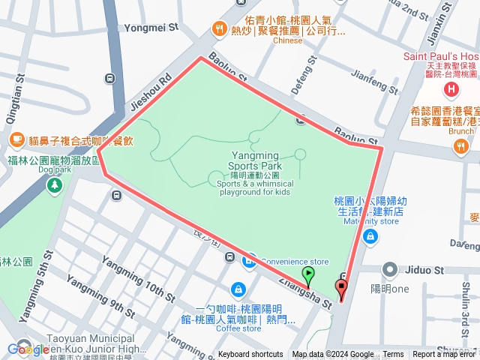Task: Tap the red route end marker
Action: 342,288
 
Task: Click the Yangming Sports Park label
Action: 255,160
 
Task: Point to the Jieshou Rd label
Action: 149,91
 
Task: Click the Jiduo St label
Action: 425,270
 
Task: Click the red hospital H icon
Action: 451,90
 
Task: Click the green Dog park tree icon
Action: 54,184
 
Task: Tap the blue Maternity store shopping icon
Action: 369,236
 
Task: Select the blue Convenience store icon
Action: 249,261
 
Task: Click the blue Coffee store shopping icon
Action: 237,289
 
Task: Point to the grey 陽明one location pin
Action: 389,269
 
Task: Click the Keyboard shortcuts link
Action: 250,355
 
